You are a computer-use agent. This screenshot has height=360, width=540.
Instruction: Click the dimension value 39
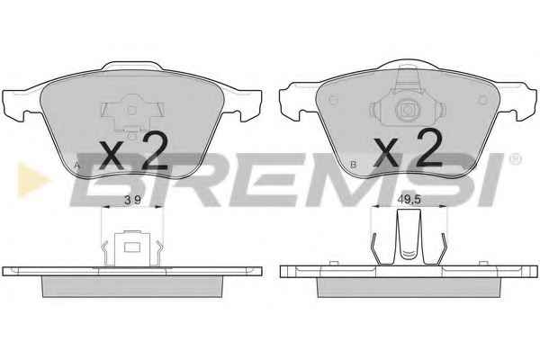[x=132, y=200]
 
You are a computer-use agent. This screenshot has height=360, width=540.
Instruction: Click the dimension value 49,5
[x=409, y=200]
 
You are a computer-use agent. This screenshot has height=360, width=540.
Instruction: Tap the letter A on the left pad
[x=77, y=165]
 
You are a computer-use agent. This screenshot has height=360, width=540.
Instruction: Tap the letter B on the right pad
[x=353, y=165]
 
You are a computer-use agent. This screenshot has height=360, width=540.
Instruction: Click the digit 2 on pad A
[x=155, y=151]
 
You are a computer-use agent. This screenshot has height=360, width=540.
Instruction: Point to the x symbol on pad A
[x=112, y=156]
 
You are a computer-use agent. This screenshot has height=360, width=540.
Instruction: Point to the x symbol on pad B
[x=386, y=151]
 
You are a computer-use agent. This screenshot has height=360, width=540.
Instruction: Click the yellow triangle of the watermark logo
[x=32, y=180]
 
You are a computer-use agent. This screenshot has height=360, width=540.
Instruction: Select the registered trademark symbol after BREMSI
[x=515, y=159]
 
